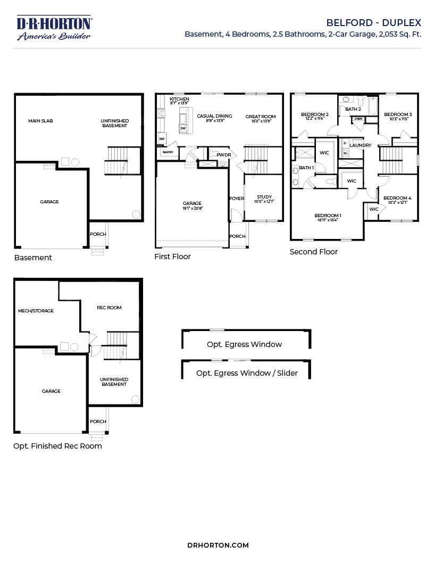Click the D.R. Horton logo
point(54,28)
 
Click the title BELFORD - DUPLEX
point(373,23)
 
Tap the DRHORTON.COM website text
point(218,545)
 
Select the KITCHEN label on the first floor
point(179,100)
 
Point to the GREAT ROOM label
point(261,117)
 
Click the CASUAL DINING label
point(214,116)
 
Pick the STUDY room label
point(264,197)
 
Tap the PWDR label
point(223,155)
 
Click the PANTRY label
point(168,152)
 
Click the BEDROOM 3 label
point(398,114)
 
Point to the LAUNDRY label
point(360,145)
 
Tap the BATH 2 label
point(353,109)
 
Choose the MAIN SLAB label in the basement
point(40,121)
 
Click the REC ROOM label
point(109,308)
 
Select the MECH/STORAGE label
point(36,311)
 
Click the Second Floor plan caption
point(313,252)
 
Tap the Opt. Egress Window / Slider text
point(247,373)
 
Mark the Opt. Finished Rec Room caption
point(57,446)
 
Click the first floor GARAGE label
point(192,203)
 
